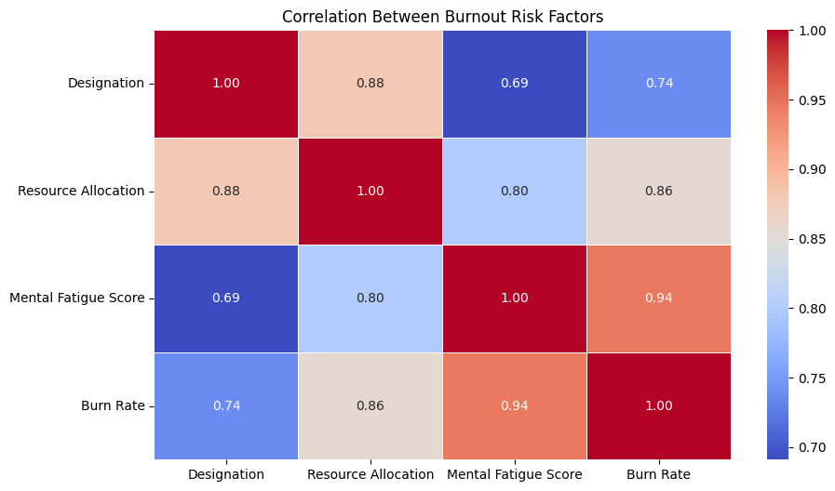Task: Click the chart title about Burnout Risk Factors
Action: pyautogui.click(x=442, y=17)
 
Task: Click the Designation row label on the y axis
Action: pyautogui.click(x=106, y=84)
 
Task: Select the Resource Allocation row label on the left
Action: pyautogui.click(x=81, y=192)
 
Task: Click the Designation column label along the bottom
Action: pyautogui.click(x=226, y=474)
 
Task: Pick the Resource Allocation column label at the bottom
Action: pyautogui.click(x=370, y=474)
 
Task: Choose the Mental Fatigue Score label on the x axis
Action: pyautogui.click(x=515, y=474)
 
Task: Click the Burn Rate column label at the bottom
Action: pyautogui.click(x=659, y=474)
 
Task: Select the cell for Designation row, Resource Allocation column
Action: pyautogui.click(x=370, y=84)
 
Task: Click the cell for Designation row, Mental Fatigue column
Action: pyautogui.click(x=515, y=84)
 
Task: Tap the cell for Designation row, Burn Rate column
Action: pyautogui.click(x=659, y=84)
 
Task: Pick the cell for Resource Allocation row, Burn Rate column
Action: pyautogui.click(x=659, y=192)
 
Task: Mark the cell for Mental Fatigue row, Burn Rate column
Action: pyautogui.click(x=659, y=299)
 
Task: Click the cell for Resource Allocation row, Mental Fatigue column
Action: pyautogui.click(x=515, y=192)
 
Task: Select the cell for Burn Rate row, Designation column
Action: pyautogui.click(x=226, y=406)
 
